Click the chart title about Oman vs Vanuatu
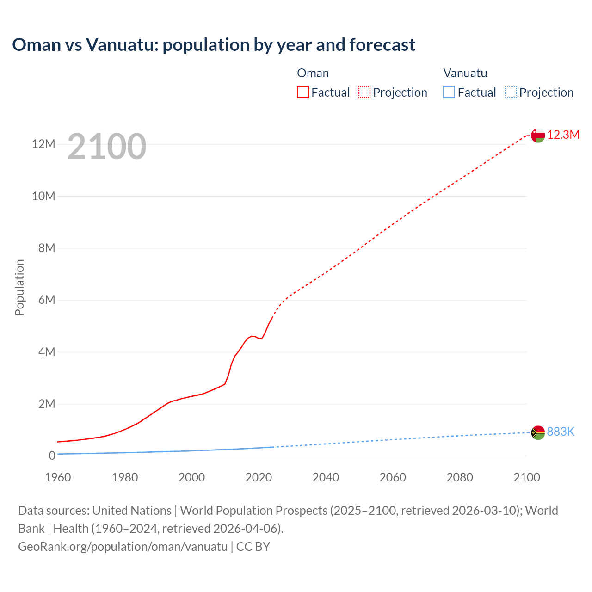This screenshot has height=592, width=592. click(x=214, y=45)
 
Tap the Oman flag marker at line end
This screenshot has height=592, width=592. click(x=538, y=136)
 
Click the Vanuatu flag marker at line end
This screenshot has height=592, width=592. click(x=538, y=432)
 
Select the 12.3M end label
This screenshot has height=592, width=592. click(x=563, y=135)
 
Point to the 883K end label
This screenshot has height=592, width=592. click(x=561, y=432)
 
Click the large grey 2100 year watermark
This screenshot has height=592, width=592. click(x=107, y=147)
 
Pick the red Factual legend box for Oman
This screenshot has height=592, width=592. click(x=303, y=92)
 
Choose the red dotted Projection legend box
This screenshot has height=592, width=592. click(x=364, y=92)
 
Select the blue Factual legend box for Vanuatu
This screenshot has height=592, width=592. click(x=449, y=92)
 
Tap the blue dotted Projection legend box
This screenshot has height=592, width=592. click(x=511, y=92)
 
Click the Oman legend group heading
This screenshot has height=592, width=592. click(x=313, y=73)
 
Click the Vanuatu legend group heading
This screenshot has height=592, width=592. click(x=465, y=73)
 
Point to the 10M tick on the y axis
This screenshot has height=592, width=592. click(x=43, y=196)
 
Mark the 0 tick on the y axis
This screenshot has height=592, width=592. click(x=52, y=456)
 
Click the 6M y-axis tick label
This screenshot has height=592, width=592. click(x=47, y=300)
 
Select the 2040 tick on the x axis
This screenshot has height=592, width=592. click(x=326, y=477)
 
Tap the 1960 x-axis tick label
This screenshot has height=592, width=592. click(x=58, y=477)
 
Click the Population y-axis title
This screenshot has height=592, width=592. click(x=19, y=287)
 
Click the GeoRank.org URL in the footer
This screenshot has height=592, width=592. click(x=123, y=547)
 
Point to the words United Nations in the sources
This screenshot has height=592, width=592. click(x=132, y=511)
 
